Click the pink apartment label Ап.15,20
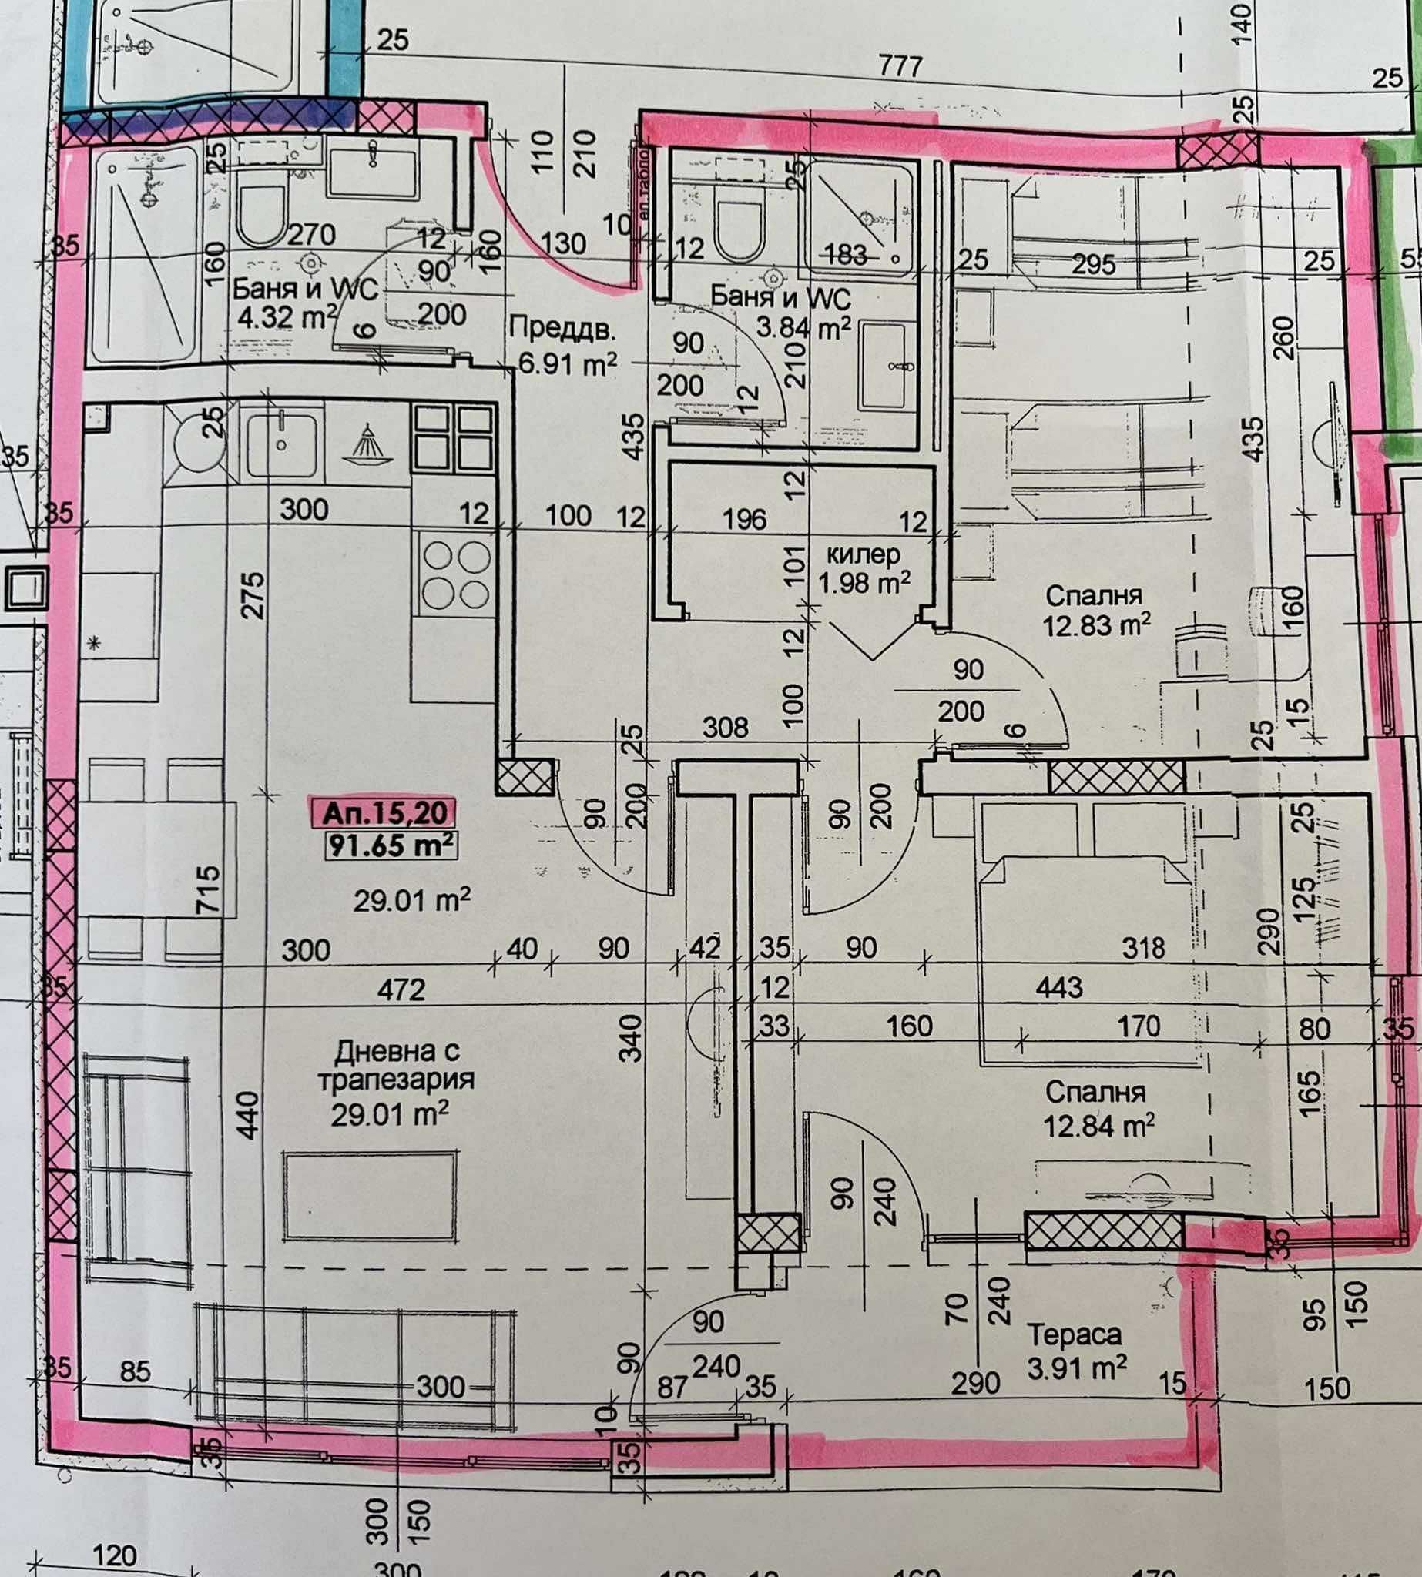click(x=384, y=813)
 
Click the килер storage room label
click(x=863, y=554)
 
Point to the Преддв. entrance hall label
click(x=562, y=329)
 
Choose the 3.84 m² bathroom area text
click(x=803, y=328)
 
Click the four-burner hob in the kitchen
click(x=455, y=576)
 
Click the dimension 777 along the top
click(x=900, y=66)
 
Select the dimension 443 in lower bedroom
click(x=1058, y=987)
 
